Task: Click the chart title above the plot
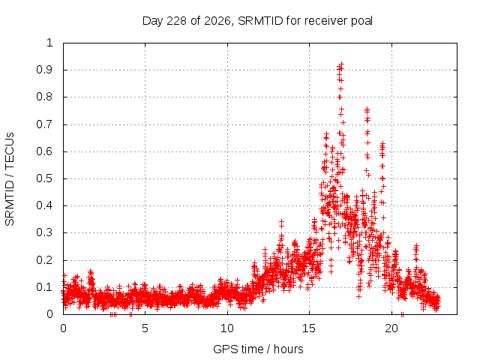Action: [x=257, y=21]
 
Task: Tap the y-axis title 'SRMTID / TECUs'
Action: [x=10, y=179]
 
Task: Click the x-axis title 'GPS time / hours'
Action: [x=258, y=349]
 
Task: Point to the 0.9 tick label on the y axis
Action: [x=45, y=70]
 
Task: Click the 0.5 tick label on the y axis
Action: [x=45, y=178]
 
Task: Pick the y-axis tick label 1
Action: [x=50, y=43]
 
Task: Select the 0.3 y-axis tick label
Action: [x=45, y=232]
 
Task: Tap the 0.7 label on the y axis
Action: [x=45, y=124]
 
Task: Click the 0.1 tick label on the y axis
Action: [x=45, y=287]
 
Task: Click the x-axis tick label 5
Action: [x=145, y=328]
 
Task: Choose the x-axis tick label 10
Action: [x=227, y=328]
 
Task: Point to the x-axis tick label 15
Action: [x=309, y=328]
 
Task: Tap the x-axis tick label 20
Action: [x=391, y=328]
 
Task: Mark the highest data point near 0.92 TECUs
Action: [x=342, y=64]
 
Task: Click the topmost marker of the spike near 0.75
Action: [x=367, y=109]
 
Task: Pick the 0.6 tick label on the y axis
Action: [x=45, y=151]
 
